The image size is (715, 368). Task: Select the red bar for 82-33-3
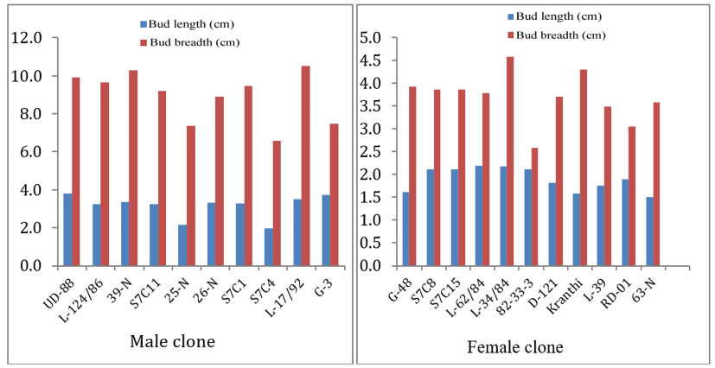pyautogui.click(x=534, y=206)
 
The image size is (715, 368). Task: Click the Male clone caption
pyautogui.click(x=172, y=341)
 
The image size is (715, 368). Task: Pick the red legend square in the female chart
pyautogui.click(x=510, y=35)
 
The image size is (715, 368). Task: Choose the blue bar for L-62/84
pyautogui.click(x=478, y=216)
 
